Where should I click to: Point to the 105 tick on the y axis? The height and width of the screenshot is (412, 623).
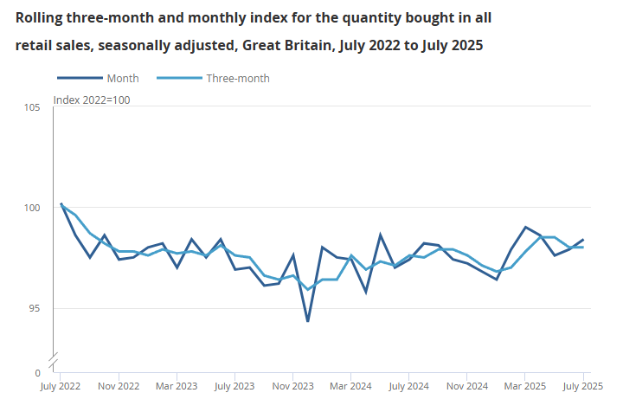[x=32, y=107]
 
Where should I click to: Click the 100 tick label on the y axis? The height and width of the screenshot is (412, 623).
[x=32, y=208]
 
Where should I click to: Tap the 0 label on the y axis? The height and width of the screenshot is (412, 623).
[x=37, y=372]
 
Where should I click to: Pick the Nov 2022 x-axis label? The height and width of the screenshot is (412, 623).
[x=118, y=386]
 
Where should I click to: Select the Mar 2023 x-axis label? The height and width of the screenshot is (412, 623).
[x=176, y=386]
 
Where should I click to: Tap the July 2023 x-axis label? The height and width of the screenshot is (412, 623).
[x=234, y=386]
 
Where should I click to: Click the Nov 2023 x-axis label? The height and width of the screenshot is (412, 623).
[x=292, y=386]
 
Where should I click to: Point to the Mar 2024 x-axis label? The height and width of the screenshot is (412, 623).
[x=350, y=386]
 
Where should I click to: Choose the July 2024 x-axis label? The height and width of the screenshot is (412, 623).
[x=409, y=386]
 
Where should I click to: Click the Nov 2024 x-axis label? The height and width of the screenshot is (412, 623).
[x=467, y=386]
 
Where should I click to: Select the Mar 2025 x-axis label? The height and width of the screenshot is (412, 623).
[x=525, y=386]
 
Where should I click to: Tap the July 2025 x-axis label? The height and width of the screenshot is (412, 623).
[x=583, y=386]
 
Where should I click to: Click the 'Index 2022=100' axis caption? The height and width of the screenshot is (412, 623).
[x=92, y=100]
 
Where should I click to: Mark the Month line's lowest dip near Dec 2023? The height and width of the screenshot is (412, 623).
[x=307, y=321]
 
